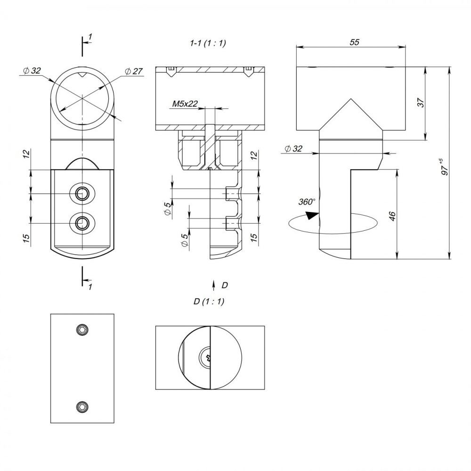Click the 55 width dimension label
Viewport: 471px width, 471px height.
pyautogui.click(x=355, y=42)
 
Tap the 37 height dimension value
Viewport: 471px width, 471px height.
pyautogui.click(x=422, y=102)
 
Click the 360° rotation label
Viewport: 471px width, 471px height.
pyautogui.click(x=307, y=202)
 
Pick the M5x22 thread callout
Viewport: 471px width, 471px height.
pyautogui.click(x=185, y=104)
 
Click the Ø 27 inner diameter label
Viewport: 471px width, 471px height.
pyautogui.click(x=134, y=71)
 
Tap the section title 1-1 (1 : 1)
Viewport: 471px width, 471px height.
pyautogui.click(x=208, y=43)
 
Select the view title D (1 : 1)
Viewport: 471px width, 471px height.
pyautogui.click(x=209, y=301)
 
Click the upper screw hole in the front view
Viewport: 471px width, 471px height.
pyautogui.click(x=81, y=194)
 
